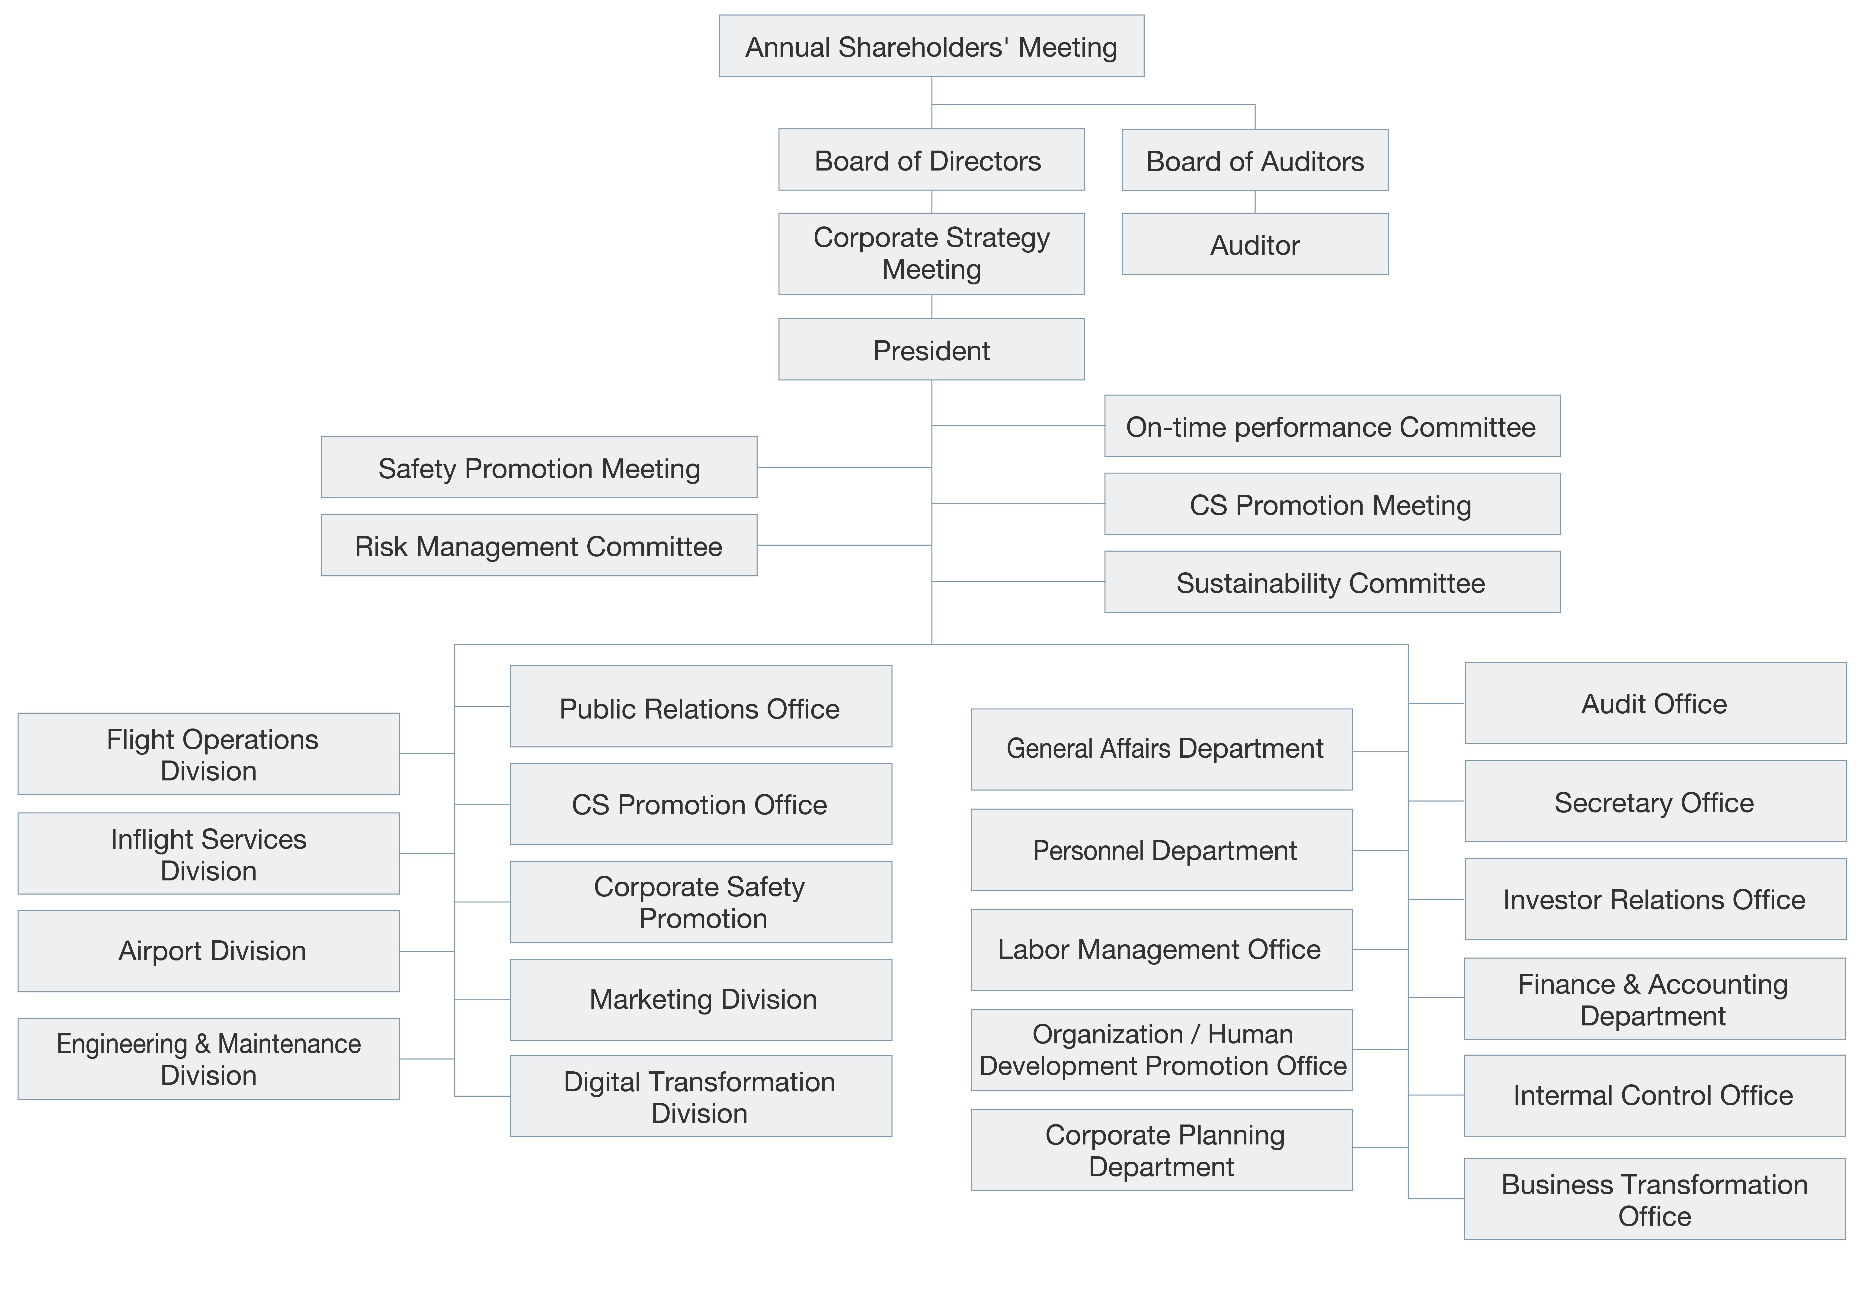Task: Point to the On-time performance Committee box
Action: pos(1332,426)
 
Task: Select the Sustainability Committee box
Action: pos(1332,582)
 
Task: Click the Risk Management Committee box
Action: pos(539,545)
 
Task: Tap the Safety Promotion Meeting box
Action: pos(539,467)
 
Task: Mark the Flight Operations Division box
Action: pos(208,754)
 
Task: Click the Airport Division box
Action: pos(208,951)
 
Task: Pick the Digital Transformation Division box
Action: pos(700,1096)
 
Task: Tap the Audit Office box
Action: pos(1655,704)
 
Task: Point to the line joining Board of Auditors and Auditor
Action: pos(1255,202)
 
